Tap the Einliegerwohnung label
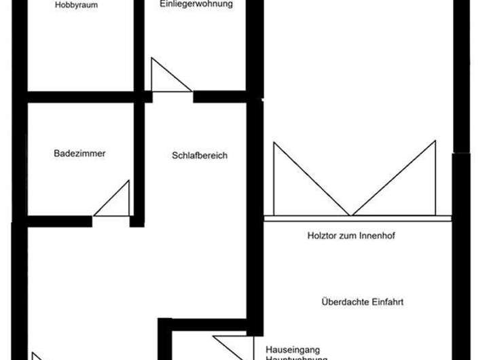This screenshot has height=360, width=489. [x=196, y=4]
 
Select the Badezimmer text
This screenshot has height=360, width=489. [x=79, y=154]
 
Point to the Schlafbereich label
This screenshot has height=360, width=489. [x=200, y=156]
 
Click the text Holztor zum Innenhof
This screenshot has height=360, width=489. [x=351, y=236]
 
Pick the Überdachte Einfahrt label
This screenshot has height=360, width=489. [x=362, y=302]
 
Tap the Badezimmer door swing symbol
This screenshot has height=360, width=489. [x=115, y=202]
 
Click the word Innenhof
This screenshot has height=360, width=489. [x=377, y=236]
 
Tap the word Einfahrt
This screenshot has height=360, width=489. [x=386, y=302]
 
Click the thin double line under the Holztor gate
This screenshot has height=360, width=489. [x=357, y=219]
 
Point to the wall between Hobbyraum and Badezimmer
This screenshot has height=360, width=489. [x=80, y=96]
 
